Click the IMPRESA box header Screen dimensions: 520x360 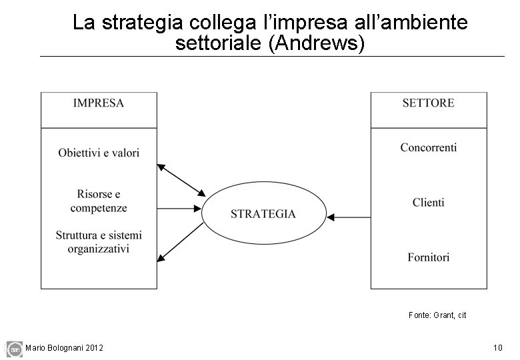[x=99, y=103]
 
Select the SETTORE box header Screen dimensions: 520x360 [x=428, y=103]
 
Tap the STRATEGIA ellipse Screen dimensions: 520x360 [x=263, y=214]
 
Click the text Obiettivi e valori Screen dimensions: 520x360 [x=99, y=153]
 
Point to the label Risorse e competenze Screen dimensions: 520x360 [x=99, y=201]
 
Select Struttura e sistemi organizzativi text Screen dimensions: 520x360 [x=99, y=242]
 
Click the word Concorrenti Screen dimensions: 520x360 [x=428, y=147]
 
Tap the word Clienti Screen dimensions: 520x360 [x=428, y=202]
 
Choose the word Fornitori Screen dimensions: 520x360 [x=428, y=257]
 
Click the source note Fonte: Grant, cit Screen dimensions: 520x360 [x=437, y=315]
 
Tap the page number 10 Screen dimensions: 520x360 [x=497, y=347]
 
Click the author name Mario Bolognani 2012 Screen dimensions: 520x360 [x=64, y=347]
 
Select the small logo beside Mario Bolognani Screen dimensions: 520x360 [x=14, y=347]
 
